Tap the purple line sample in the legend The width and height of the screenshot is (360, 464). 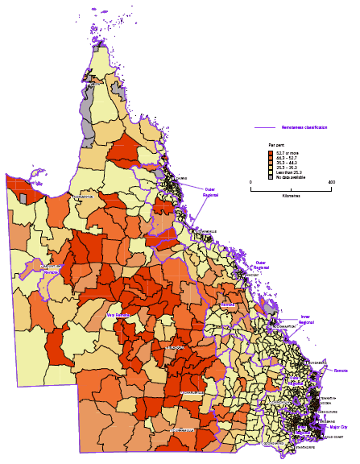pos(265,127)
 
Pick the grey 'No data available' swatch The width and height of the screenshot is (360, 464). pos(271,176)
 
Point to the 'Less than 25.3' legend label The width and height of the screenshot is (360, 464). pos(287,170)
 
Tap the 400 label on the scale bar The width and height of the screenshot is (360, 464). pos(330,182)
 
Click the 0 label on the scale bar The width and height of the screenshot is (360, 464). pos(251,182)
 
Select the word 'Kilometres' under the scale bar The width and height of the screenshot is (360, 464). pos(291,196)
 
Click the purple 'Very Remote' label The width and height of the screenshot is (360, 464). pos(118,315)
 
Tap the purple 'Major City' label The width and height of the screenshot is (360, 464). pos(338,427)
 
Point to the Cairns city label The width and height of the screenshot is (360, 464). pos(182,178)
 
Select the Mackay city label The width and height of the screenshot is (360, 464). pos(252,275)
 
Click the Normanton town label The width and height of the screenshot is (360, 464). pos(84,197)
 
